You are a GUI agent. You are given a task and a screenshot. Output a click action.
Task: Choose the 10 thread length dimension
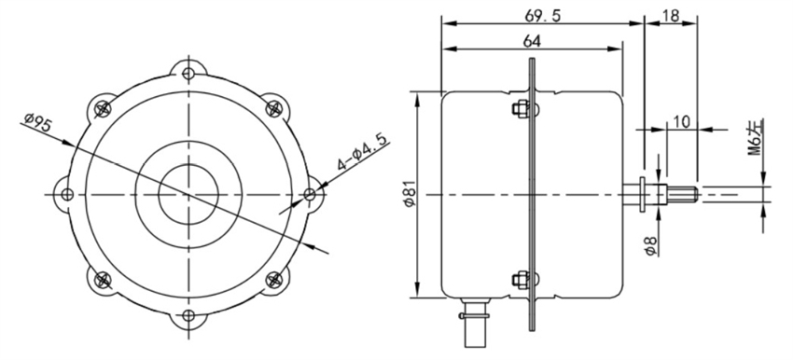click(680, 121)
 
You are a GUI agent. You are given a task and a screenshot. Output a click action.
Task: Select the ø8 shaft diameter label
click(648, 245)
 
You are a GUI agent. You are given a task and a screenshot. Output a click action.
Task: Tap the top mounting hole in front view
click(189, 73)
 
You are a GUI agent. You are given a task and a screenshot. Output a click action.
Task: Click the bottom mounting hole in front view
click(189, 316)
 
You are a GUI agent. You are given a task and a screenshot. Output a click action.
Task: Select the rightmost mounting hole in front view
click(311, 195)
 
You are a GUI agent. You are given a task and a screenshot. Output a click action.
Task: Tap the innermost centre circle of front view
click(188, 194)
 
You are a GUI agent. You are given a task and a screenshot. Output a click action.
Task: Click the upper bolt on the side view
click(519, 110)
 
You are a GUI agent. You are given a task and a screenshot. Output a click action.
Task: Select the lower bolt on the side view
click(519, 279)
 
